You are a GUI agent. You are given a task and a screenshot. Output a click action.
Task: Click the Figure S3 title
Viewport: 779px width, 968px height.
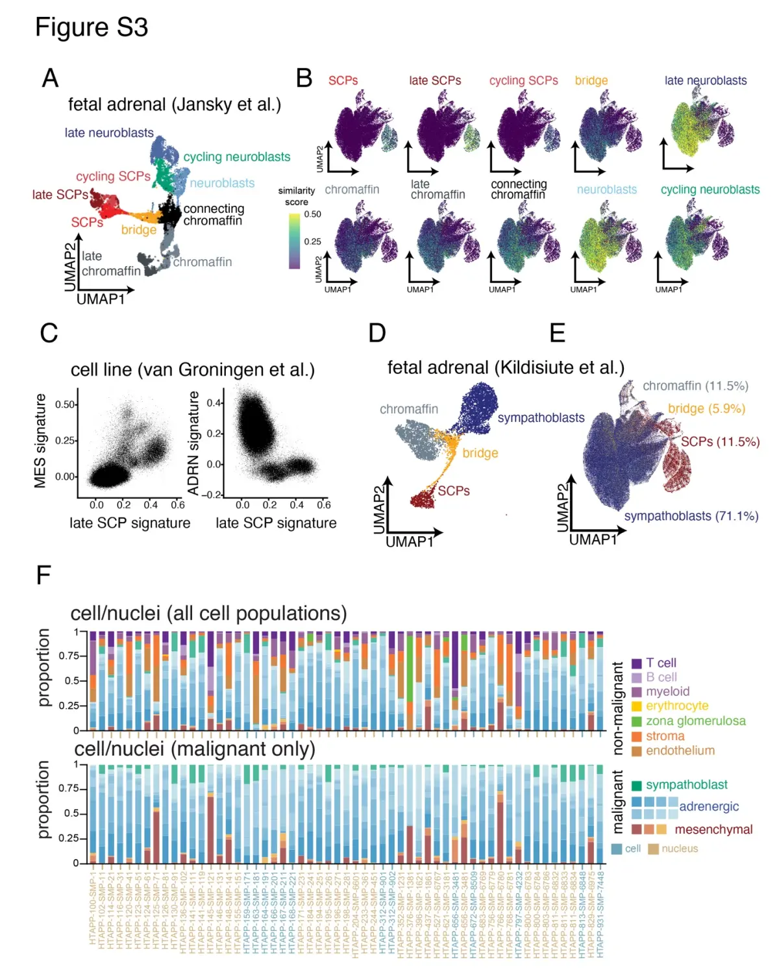(92, 27)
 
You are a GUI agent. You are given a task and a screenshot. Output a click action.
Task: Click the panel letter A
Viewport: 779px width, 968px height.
(50, 78)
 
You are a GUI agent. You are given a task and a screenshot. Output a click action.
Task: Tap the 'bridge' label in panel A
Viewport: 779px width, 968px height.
(138, 230)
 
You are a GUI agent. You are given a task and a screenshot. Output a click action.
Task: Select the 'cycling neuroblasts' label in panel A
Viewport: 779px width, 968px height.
(236, 157)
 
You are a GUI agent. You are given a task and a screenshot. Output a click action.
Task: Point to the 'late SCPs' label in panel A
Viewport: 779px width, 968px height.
(60, 195)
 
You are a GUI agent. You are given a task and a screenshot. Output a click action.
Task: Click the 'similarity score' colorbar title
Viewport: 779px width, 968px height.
(296, 196)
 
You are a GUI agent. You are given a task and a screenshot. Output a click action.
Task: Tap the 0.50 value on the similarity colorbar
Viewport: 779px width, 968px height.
(312, 214)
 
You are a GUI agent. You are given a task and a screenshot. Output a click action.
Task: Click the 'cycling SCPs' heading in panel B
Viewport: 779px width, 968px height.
(523, 81)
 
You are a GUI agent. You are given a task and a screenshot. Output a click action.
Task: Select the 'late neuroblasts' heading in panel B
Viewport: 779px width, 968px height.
(705, 81)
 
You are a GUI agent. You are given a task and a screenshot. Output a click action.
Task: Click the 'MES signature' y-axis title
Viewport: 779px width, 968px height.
(40, 441)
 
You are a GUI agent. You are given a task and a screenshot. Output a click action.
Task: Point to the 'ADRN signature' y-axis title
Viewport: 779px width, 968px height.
(193, 442)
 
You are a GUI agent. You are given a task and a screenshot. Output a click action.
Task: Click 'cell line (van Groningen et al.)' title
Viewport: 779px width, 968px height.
(192, 370)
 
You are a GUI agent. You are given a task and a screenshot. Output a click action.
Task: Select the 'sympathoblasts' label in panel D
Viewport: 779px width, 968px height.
(541, 418)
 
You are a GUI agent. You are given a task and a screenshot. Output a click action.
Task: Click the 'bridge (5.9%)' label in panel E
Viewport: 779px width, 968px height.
(706, 409)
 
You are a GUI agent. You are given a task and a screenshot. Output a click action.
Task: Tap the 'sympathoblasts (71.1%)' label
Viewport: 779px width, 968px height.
(691, 516)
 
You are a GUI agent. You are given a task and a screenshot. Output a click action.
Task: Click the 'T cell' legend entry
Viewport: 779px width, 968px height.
(661, 663)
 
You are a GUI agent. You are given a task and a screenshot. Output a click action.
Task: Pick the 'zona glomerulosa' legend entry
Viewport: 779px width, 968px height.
(695, 721)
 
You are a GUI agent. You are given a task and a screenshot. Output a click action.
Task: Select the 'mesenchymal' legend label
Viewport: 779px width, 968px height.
(713, 830)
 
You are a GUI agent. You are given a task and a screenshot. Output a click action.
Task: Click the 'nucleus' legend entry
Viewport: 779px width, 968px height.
(679, 849)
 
